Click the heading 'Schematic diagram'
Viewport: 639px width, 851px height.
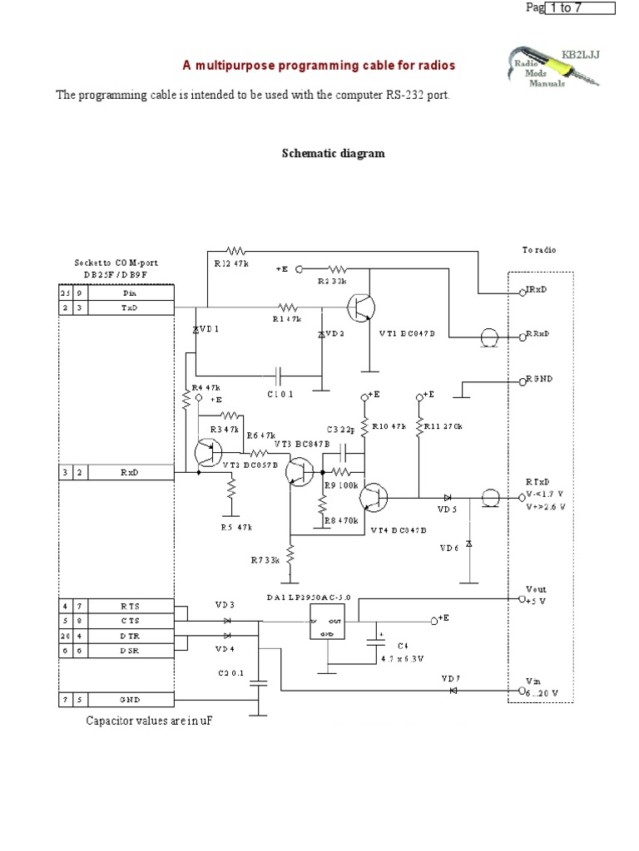329,154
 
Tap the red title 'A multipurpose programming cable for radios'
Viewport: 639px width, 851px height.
319,65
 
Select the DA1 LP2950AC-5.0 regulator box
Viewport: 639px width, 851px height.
325,622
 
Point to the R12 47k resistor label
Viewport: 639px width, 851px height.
226,263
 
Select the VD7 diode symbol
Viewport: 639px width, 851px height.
453,690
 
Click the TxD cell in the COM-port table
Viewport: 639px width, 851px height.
128,307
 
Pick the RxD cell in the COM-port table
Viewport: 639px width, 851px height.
128,472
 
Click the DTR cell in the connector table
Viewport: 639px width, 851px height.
128,636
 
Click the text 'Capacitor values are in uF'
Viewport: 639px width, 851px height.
150,721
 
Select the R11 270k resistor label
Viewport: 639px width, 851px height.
443,426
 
